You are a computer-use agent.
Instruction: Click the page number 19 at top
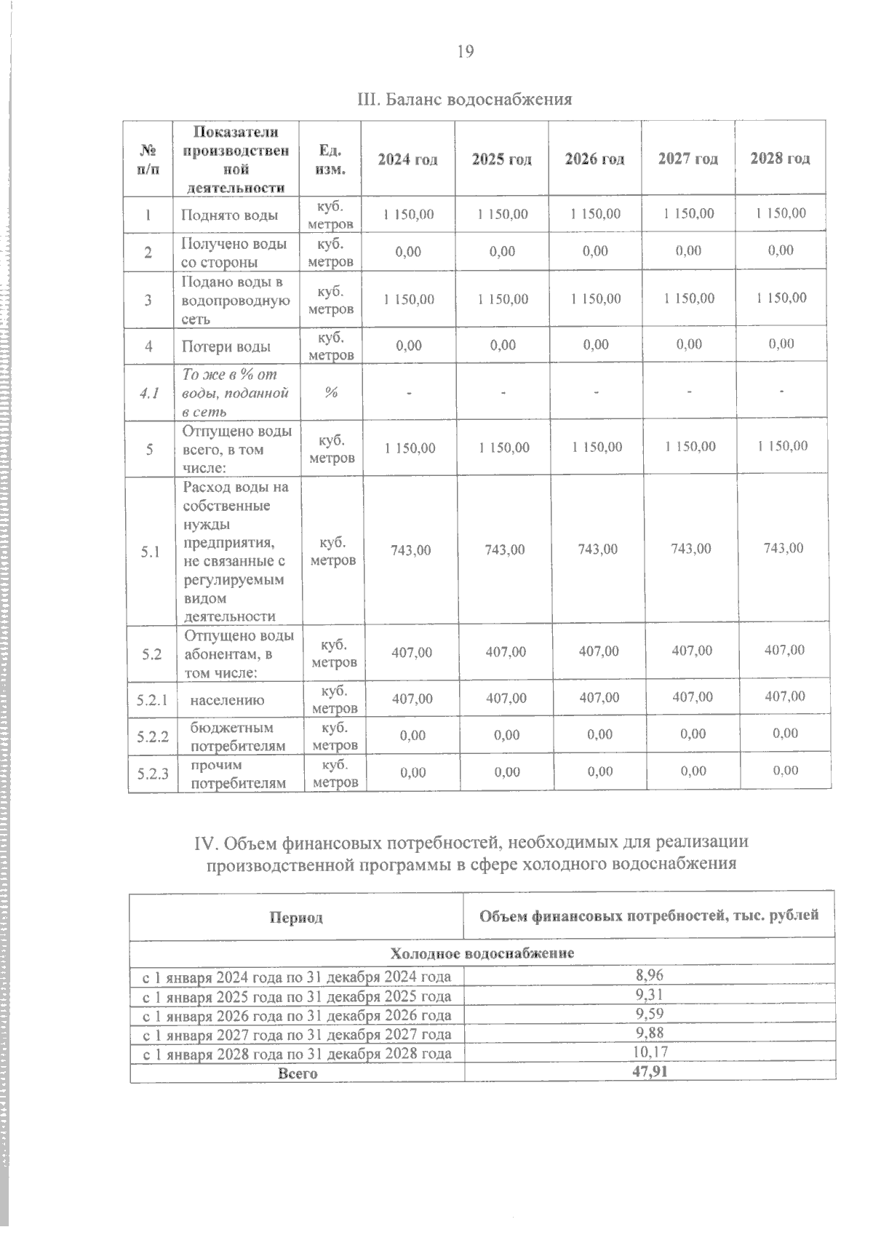(466, 51)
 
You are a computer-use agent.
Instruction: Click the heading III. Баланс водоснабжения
(466, 99)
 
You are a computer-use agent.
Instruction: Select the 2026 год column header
(594, 159)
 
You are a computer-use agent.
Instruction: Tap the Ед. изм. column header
(331, 159)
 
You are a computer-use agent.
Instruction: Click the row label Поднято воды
(229, 215)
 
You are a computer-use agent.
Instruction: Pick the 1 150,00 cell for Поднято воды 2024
(408, 214)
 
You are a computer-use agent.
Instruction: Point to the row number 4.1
(148, 394)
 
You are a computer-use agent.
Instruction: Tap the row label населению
(227, 700)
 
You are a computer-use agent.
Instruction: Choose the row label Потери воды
(226, 347)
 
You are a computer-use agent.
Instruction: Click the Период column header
(296, 918)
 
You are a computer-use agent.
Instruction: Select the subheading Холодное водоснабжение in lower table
(482, 953)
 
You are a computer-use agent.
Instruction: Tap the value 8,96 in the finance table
(649, 975)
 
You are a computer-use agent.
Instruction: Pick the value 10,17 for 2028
(650, 1052)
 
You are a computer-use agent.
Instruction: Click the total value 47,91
(650, 1071)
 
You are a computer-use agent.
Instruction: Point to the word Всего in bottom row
(298, 1073)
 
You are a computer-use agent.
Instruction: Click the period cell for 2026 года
(297, 1015)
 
